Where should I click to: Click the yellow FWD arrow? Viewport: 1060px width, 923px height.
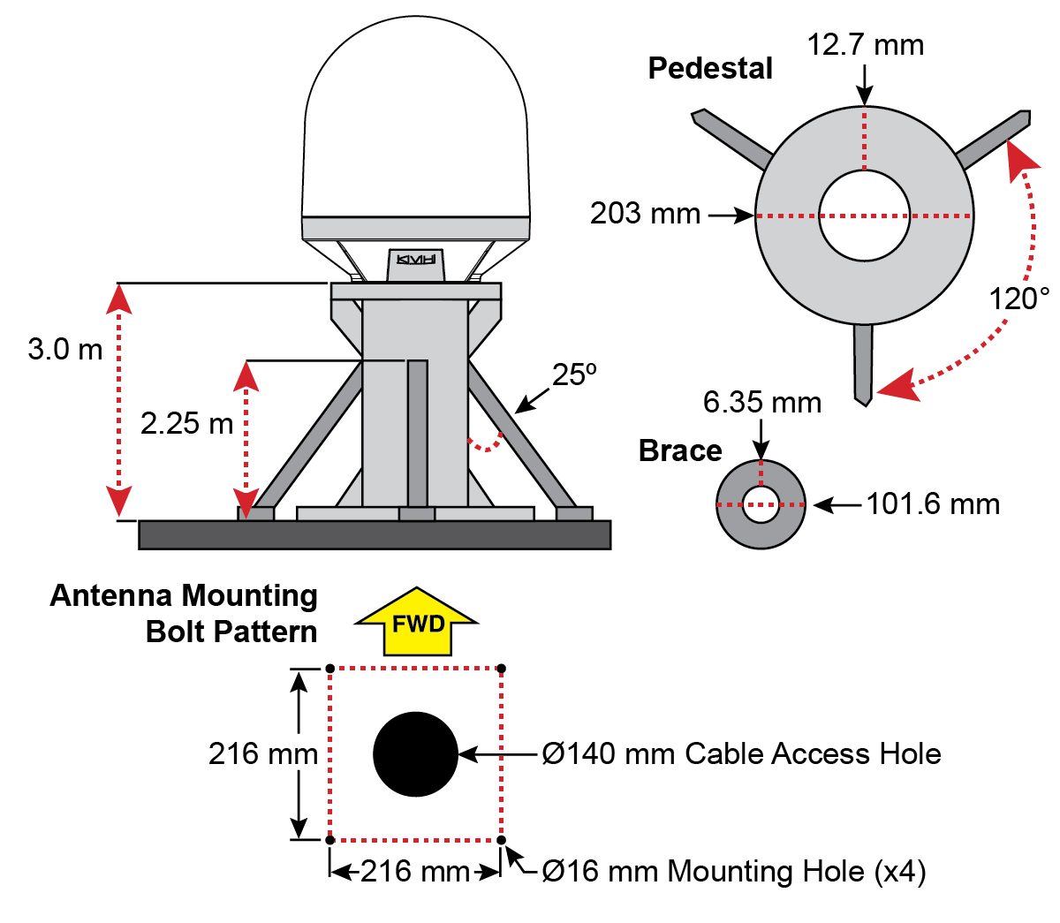[x=417, y=623]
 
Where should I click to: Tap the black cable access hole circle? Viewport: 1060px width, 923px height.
[x=415, y=754]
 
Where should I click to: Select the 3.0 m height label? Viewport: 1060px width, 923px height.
[x=65, y=349]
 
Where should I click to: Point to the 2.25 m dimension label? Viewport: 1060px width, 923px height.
[x=186, y=423]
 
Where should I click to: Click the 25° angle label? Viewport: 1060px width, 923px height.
[x=574, y=374]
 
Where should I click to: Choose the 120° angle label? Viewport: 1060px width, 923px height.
[x=1018, y=299]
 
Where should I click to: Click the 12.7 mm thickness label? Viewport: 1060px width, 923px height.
[x=865, y=44]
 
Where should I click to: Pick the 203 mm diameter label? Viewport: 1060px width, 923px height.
[x=645, y=214]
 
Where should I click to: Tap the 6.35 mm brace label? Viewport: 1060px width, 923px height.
[x=761, y=403]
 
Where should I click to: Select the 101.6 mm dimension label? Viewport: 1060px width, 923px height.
[x=933, y=504]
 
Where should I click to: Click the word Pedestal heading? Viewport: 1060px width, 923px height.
[x=710, y=68]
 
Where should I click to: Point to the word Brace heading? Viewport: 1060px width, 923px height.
[x=680, y=450]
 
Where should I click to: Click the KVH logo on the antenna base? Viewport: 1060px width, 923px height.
[x=416, y=260]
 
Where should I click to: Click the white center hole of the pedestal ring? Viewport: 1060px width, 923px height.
[x=864, y=216]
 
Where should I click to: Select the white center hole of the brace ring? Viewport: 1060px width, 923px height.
[x=761, y=505]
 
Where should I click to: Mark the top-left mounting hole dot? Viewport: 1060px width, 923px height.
[x=329, y=669]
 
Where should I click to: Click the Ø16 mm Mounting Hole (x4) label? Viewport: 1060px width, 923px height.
[x=733, y=872]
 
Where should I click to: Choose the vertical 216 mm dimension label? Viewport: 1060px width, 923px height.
[x=262, y=753]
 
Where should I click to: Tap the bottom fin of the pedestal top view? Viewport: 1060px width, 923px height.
[x=863, y=362]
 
